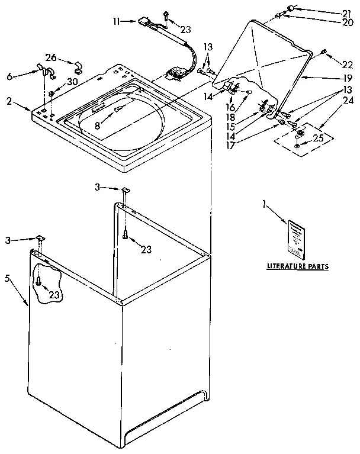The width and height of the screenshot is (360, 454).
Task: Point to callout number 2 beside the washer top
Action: pyautogui.click(x=9, y=101)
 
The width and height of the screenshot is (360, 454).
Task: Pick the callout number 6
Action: pyautogui.click(x=9, y=76)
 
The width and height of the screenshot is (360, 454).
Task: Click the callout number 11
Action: pyautogui.click(x=115, y=21)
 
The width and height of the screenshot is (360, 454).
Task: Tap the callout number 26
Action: pyautogui.click(x=52, y=57)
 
